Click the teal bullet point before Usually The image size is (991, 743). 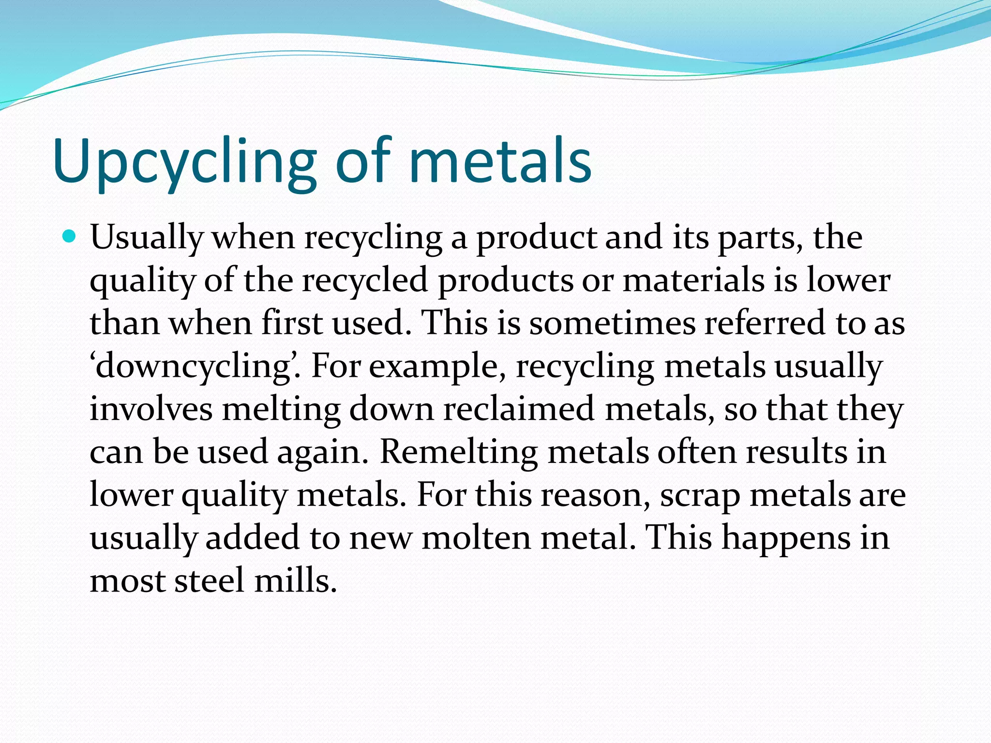pos(70,237)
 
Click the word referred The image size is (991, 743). pos(765,323)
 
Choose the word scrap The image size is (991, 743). pos(700,495)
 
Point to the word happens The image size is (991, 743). pos(786,538)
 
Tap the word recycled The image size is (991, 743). pos(365,281)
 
